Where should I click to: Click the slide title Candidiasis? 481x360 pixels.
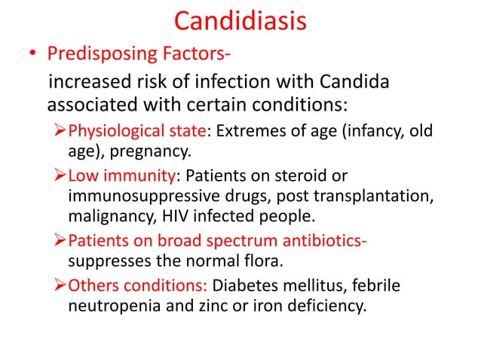point(240,20)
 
